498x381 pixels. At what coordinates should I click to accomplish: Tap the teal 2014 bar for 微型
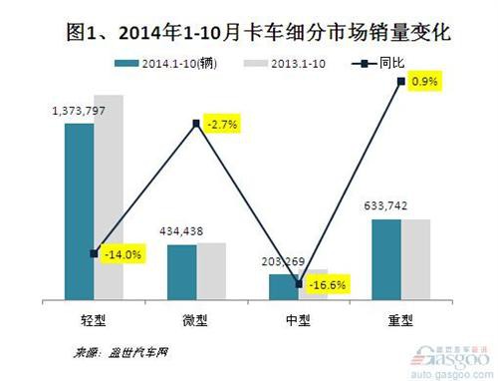pyautogui.click(x=181, y=271)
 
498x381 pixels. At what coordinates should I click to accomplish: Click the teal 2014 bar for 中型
pyautogui.click(x=284, y=286)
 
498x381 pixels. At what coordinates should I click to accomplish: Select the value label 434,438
pyautogui.click(x=181, y=231)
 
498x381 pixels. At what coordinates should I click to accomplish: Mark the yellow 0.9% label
pyautogui.click(x=427, y=81)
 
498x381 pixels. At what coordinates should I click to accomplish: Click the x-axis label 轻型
pyautogui.click(x=95, y=322)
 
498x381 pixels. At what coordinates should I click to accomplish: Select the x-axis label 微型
pyautogui.click(x=196, y=322)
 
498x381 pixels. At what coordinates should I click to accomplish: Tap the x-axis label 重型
pyautogui.click(x=400, y=322)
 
